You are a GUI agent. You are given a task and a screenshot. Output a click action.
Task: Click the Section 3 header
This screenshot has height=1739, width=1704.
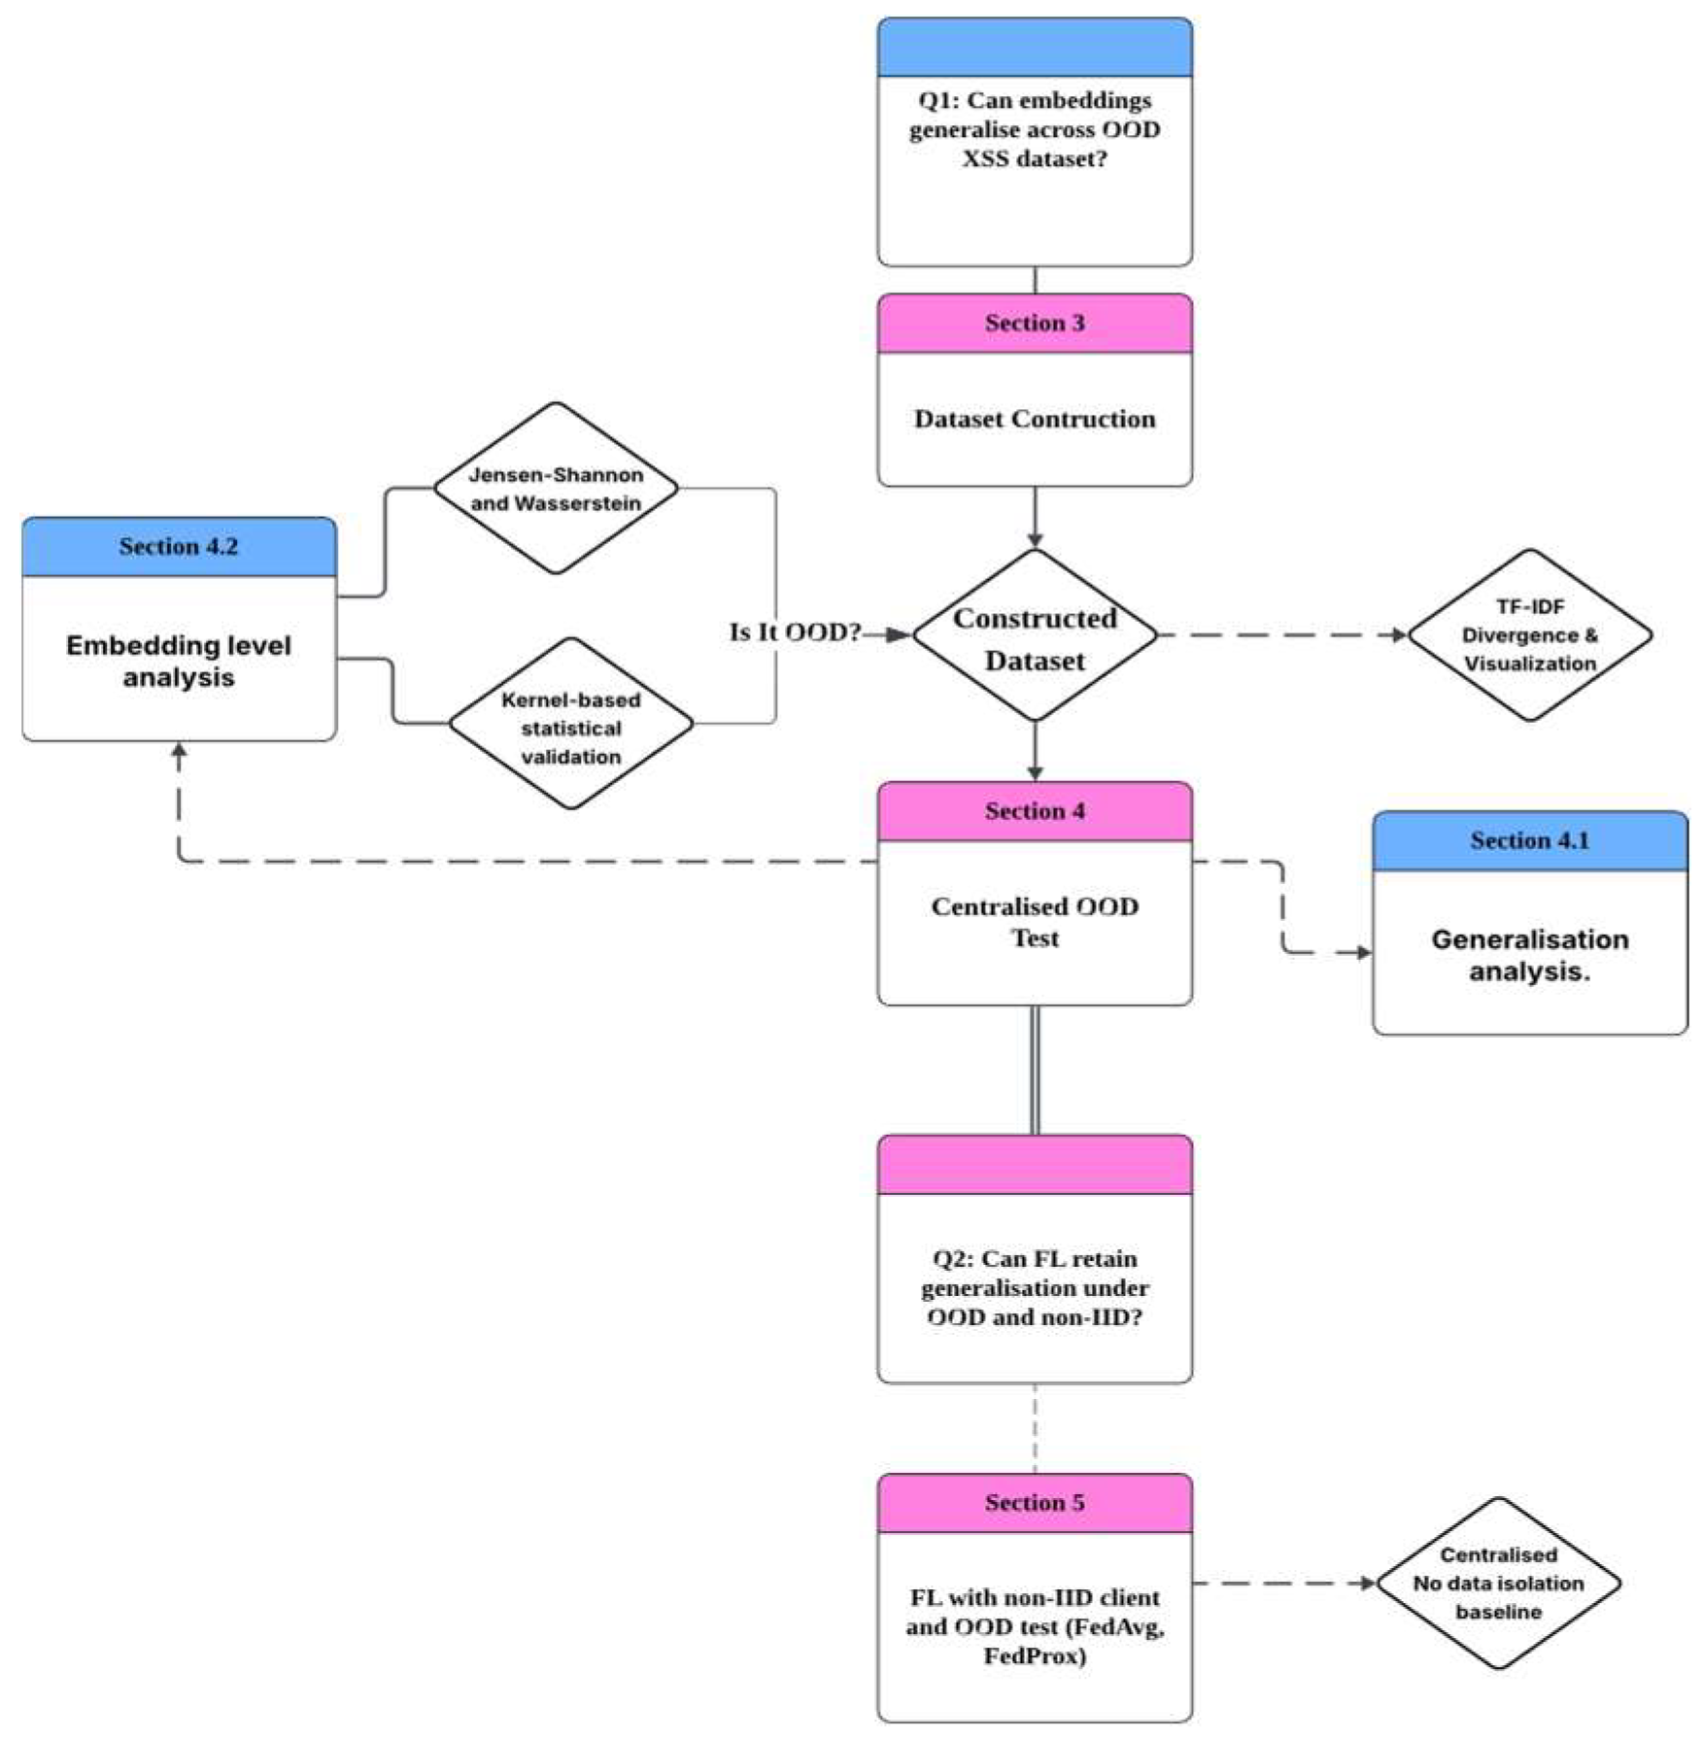pyautogui.click(x=1034, y=324)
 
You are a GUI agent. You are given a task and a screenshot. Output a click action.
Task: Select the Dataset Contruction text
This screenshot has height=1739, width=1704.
pyautogui.click(x=1034, y=419)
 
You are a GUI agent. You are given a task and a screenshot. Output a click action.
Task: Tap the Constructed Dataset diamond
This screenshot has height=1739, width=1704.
pyautogui.click(x=1034, y=637)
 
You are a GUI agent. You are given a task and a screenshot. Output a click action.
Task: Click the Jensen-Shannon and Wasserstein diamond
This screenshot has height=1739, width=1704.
pyautogui.click(x=555, y=489)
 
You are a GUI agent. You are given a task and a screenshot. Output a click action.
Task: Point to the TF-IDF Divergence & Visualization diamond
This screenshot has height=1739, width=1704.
pyautogui.click(x=1529, y=635)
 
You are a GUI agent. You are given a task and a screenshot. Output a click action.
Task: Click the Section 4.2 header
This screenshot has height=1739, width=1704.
pyautogui.click(x=179, y=547)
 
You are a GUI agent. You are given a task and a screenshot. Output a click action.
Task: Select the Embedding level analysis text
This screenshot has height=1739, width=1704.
pyautogui.click(x=179, y=661)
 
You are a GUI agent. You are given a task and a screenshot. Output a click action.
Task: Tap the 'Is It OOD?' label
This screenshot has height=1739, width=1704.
pyautogui.click(x=795, y=632)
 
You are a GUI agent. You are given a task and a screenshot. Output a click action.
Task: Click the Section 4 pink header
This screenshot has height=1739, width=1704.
pyautogui.click(x=1034, y=811)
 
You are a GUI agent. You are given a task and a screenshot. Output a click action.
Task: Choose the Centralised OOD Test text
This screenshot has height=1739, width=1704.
pyautogui.click(x=1034, y=921)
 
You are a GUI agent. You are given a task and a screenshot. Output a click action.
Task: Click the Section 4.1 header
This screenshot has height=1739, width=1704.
pyautogui.click(x=1529, y=841)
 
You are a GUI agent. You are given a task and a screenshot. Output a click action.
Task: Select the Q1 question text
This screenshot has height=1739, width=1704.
pyautogui.click(x=1034, y=129)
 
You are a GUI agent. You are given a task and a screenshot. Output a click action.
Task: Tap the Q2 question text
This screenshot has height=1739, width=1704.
pyautogui.click(x=1034, y=1287)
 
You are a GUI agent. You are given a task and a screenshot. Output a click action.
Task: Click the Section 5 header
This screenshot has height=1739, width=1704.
pyautogui.click(x=1034, y=1503)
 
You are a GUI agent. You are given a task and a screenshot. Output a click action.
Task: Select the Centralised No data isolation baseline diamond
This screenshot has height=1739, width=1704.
pyautogui.click(x=1498, y=1584)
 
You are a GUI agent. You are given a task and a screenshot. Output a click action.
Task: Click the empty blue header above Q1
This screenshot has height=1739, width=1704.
pyautogui.click(x=1034, y=48)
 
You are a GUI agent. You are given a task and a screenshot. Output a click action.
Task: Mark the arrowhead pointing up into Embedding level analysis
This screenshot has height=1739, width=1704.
pyautogui.click(x=179, y=751)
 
